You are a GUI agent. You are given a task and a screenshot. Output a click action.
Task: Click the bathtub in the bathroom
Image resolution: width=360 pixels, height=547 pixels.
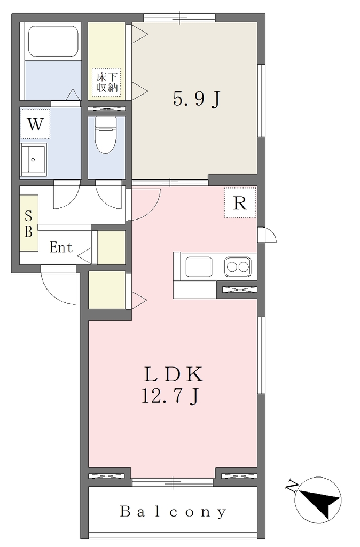click(x=53, y=41)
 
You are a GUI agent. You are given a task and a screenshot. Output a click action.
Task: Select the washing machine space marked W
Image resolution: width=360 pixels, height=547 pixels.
click(x=35, y=123)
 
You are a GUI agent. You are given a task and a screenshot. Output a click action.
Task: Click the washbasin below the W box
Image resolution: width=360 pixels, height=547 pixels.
click(x=33, y=159)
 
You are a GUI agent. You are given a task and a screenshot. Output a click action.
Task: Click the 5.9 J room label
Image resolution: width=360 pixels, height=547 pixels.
click(x=197, y=99)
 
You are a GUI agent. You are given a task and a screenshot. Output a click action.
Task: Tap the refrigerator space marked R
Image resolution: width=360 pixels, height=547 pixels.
click(x=240, y=202)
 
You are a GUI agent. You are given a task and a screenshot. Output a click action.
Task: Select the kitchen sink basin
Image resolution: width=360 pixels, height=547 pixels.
click(x=199, y=267)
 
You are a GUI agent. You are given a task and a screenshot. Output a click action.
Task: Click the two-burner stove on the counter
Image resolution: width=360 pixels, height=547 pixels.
click(x=238, y=267)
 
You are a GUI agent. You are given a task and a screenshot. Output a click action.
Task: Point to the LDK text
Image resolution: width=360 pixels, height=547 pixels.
click(x=174, y=374)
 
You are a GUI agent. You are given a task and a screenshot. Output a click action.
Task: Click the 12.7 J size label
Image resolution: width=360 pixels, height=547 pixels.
click(x=170, y=396)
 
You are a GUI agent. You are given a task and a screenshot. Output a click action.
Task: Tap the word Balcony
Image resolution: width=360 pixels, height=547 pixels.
click(x=173, y=512)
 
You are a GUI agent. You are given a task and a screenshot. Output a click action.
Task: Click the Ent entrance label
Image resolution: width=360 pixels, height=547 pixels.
click(x=61, y=247)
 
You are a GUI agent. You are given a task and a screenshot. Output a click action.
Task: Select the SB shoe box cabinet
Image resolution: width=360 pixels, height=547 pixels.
click(x=29, y=223)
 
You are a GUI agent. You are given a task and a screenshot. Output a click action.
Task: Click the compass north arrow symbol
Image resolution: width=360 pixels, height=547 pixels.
click(x=318, y=500)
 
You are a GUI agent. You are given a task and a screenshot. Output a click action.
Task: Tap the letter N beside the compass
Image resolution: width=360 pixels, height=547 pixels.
click(x=292, y=486)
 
